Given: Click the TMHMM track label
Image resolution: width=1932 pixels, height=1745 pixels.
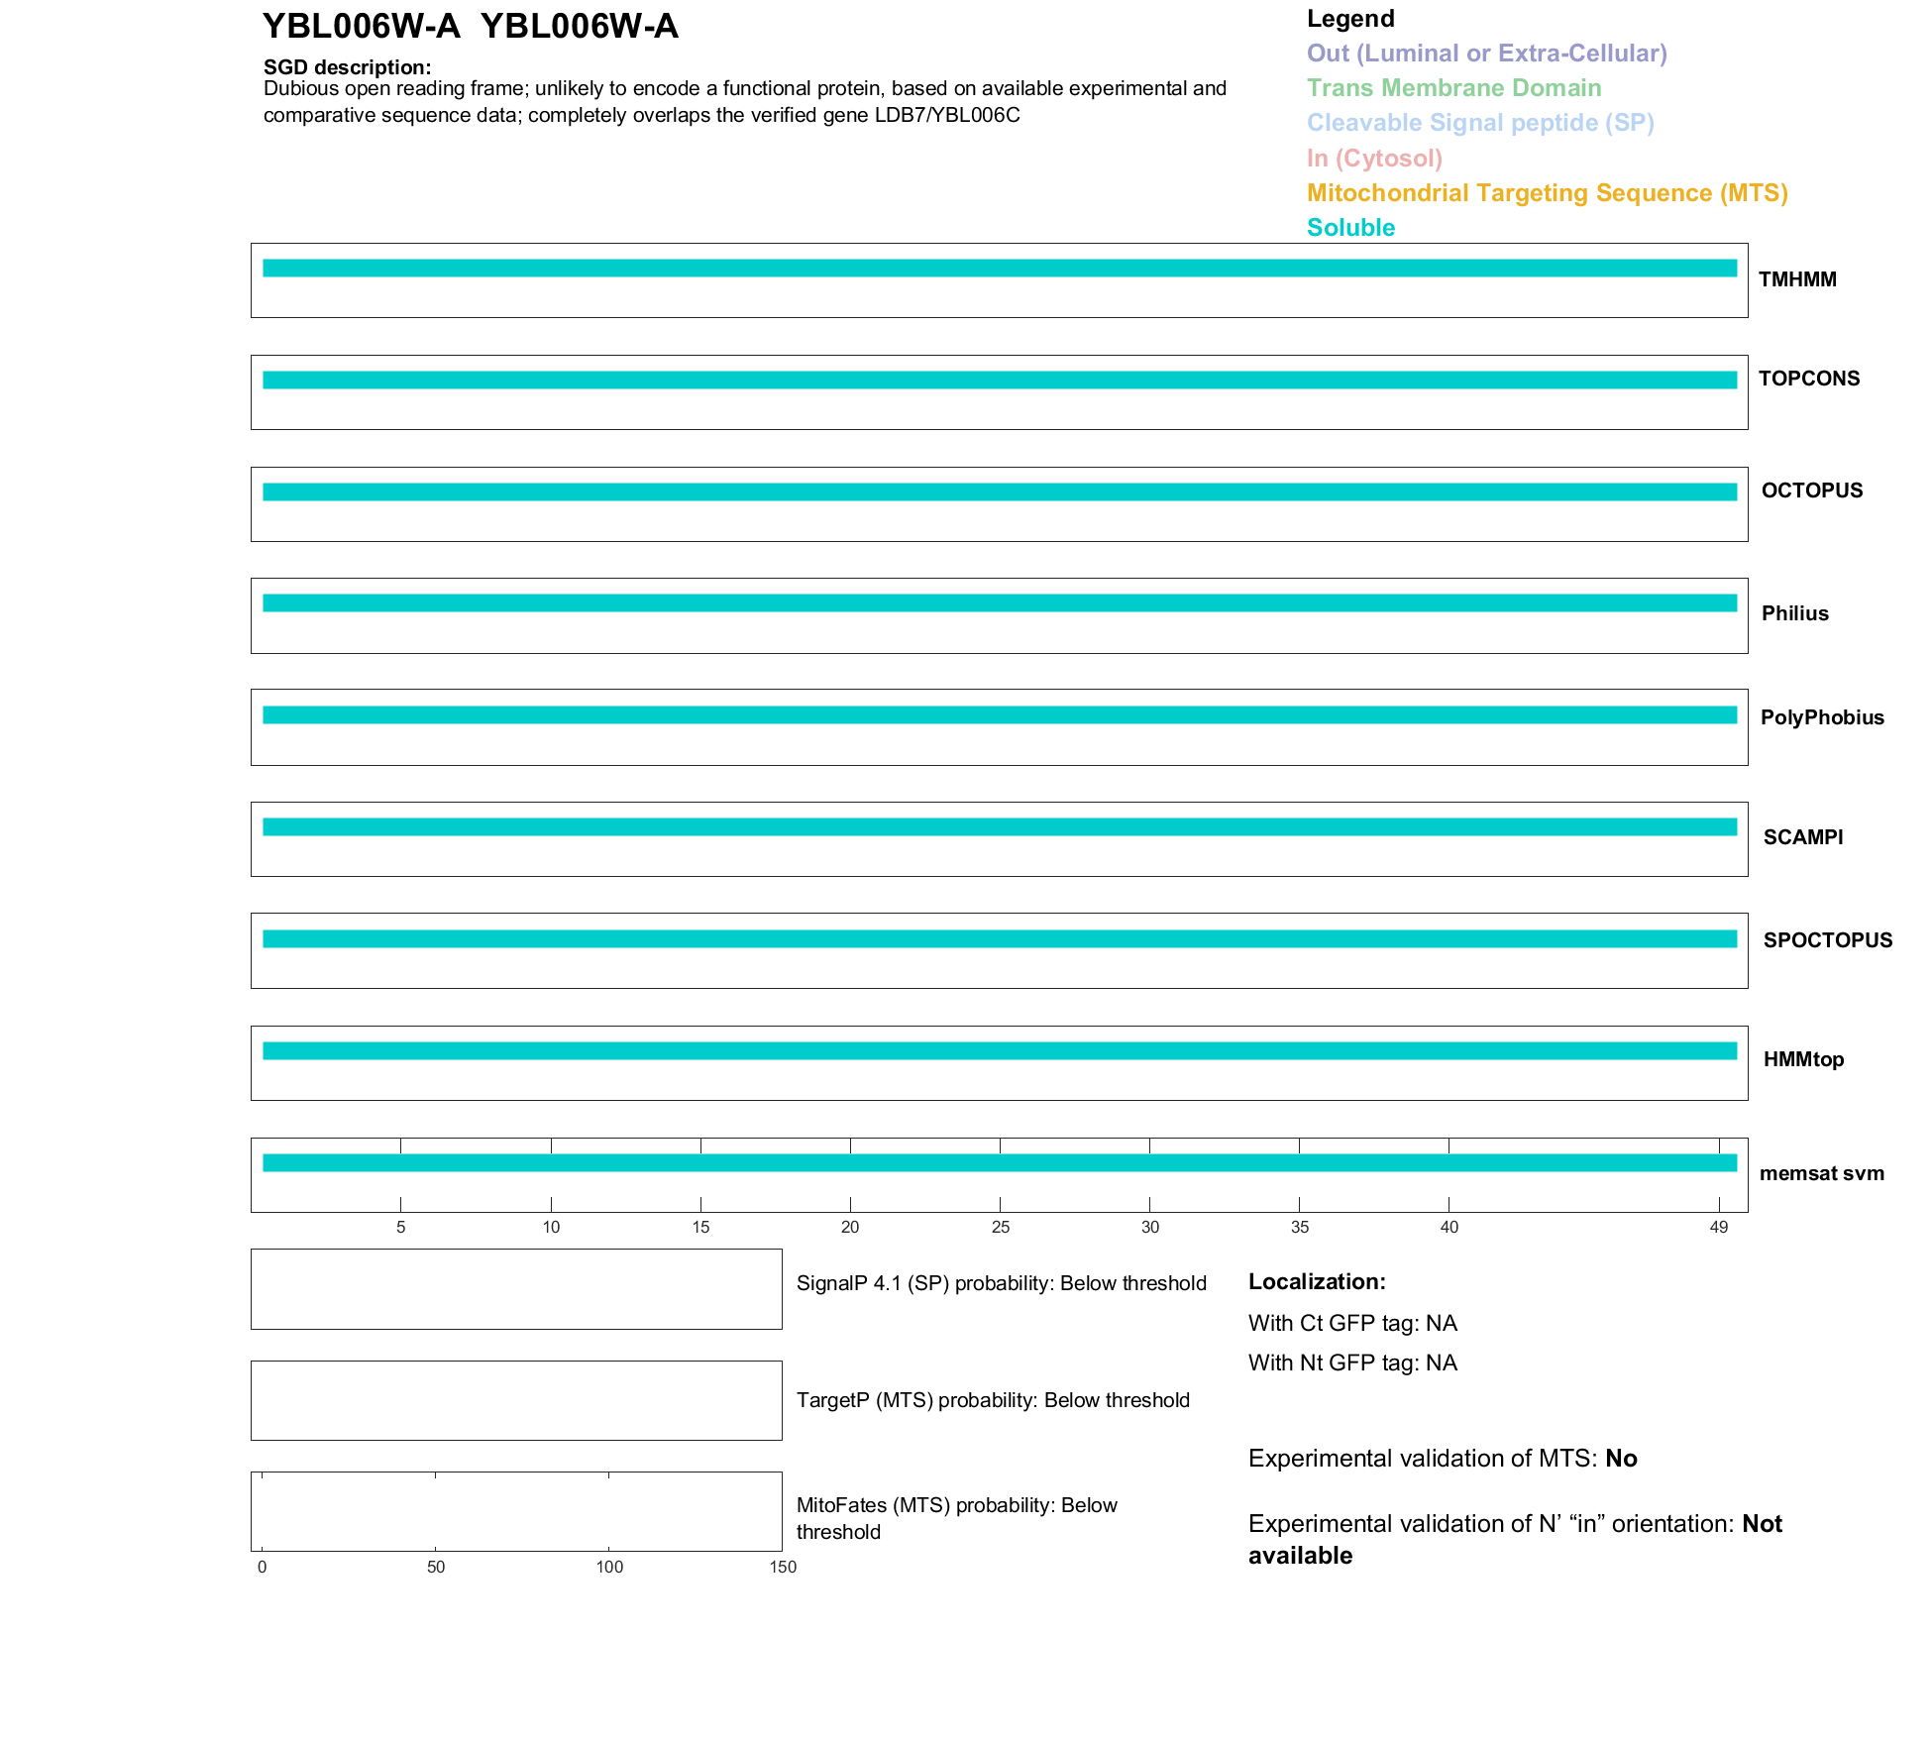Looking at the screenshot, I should pyautogui.click(x=1796, y=279).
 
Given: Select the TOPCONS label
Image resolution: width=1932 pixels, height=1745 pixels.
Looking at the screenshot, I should pyautogui.click(x=1808, y=379).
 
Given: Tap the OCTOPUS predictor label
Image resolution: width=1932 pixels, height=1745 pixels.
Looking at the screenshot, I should pyautogui.click(x=1811, y=491).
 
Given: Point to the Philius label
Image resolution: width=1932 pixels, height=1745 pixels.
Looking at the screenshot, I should pyautogui.click(x=1794, y=613).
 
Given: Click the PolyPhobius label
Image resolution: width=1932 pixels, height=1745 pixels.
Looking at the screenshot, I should pyautogui.click(x=1821, y=717).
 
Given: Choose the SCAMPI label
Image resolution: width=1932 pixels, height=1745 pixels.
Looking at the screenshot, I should pyautogui.click(x=1802, y=837).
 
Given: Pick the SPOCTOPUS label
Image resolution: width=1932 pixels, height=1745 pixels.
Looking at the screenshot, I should pyautogui.click(x=1827, y=940).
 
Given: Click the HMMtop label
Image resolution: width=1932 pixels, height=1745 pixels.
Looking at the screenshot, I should pyautogui.click(x=1803, y=1059).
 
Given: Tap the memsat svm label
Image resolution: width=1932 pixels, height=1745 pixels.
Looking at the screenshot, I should pyautogui.click(x=1821, y=1173).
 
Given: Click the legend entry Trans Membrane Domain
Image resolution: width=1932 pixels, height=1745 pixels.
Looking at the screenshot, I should pyautogui.click(x=1452, y=88).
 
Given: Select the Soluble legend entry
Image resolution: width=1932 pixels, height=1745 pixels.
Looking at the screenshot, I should pyautogui.click(x=1349, y=228).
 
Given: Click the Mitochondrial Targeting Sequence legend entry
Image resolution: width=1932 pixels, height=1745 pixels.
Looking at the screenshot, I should pyautogui.click(x=1546, y=193).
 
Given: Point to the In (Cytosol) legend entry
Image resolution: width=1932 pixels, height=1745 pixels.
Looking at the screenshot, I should pyautogui.click(x=1373, y=159).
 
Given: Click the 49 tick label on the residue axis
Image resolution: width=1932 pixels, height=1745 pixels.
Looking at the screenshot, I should pyautogui.click(x=1718, y=1228).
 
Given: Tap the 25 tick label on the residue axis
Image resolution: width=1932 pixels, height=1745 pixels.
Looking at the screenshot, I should pyautogui.click(x=1000, y=1228).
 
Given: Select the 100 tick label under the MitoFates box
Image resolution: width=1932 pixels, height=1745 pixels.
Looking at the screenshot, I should pyautogui.click(x=608, y=1568).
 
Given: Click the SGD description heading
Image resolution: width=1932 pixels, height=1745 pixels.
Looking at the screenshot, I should pyautogui.click(x=347, y=67).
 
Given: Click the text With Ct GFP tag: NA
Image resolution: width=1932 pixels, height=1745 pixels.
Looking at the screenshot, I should pyautogui.click(x=1351, y=1324).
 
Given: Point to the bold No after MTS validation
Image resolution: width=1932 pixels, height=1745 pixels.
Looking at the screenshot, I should pyautogui.click(x=1621, y=1459).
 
